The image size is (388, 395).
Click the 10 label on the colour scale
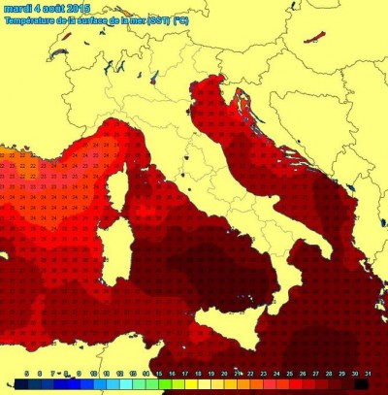coord(93,373)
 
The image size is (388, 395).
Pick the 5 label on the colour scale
coord(26,373)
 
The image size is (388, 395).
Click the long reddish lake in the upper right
coord(315,40)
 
